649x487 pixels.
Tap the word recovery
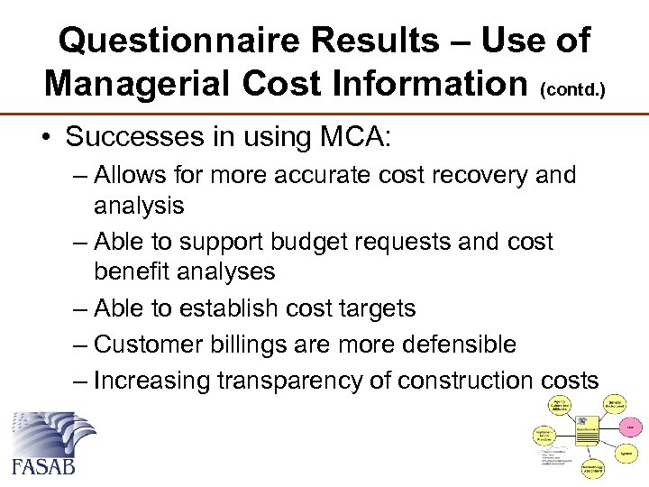[486, 174]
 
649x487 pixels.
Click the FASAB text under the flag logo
[44, 465]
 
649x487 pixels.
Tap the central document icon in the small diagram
[587, 427]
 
